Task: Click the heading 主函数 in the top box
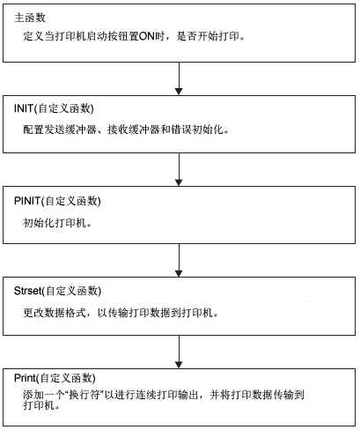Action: (30, 18)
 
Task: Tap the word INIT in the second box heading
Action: (24, 108)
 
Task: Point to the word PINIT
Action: (27, 201)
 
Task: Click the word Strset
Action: (27, 291)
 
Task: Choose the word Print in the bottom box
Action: (25, 378)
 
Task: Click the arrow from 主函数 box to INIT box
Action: (179, 78)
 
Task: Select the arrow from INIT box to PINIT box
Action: (179, 169)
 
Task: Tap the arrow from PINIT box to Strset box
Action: (179, 260)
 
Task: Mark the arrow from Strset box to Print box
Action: (179, 352)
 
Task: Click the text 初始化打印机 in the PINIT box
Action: (55, 223)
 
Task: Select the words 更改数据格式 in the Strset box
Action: (55, 313)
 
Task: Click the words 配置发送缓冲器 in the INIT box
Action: (60, 130)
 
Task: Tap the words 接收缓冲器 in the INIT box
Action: (134, 130)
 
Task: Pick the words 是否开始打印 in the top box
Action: (208, 36)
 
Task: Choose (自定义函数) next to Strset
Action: (71, 291)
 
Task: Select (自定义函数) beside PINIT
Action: (70, 201)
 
